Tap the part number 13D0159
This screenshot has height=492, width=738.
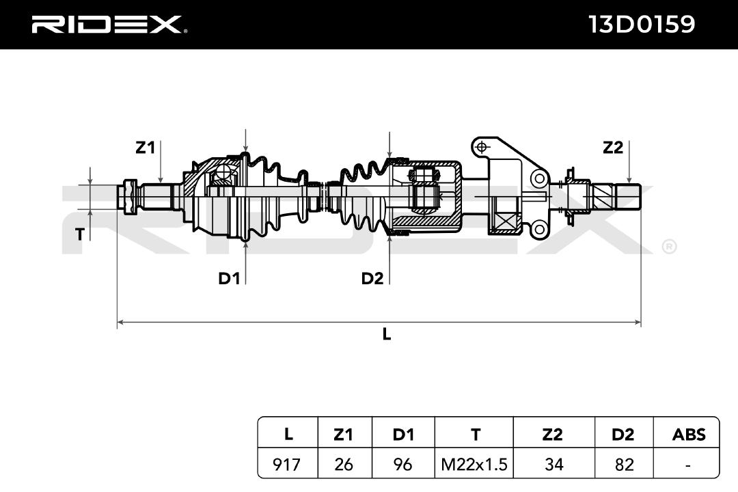click(x=642, y=24)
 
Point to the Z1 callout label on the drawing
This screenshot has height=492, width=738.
click(x=145, y=148)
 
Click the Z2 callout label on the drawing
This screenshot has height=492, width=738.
click(x=613, y=148)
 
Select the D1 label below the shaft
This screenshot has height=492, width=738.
click(x=229, y=279)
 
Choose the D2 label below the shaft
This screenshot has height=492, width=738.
click(x=372, y=279)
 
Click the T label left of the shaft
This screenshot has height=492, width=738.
click(x=80, y=234)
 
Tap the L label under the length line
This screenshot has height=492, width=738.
click(x=386, y=334)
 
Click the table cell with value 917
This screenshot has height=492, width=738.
click(x=286, y=465)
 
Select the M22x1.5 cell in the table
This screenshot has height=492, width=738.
click(x=474, y=465)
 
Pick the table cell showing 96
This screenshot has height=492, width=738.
click(x=403, y=465)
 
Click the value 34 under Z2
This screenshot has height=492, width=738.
click(x=553, y=465)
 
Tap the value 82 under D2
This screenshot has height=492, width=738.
click(x=624, y=465)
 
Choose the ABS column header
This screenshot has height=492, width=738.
click(x=689, y=434)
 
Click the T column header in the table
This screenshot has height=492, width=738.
click(x=476, y=434)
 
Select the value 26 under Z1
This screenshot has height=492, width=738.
click(x=344, y=465)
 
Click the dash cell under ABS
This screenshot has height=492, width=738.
click(x=688, y=465)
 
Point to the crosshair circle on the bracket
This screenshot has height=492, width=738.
click(x=481, y=146)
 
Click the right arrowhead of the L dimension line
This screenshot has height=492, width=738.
click(x=638, y=323)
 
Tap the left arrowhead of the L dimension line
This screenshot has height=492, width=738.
click(x=120, y=323)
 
